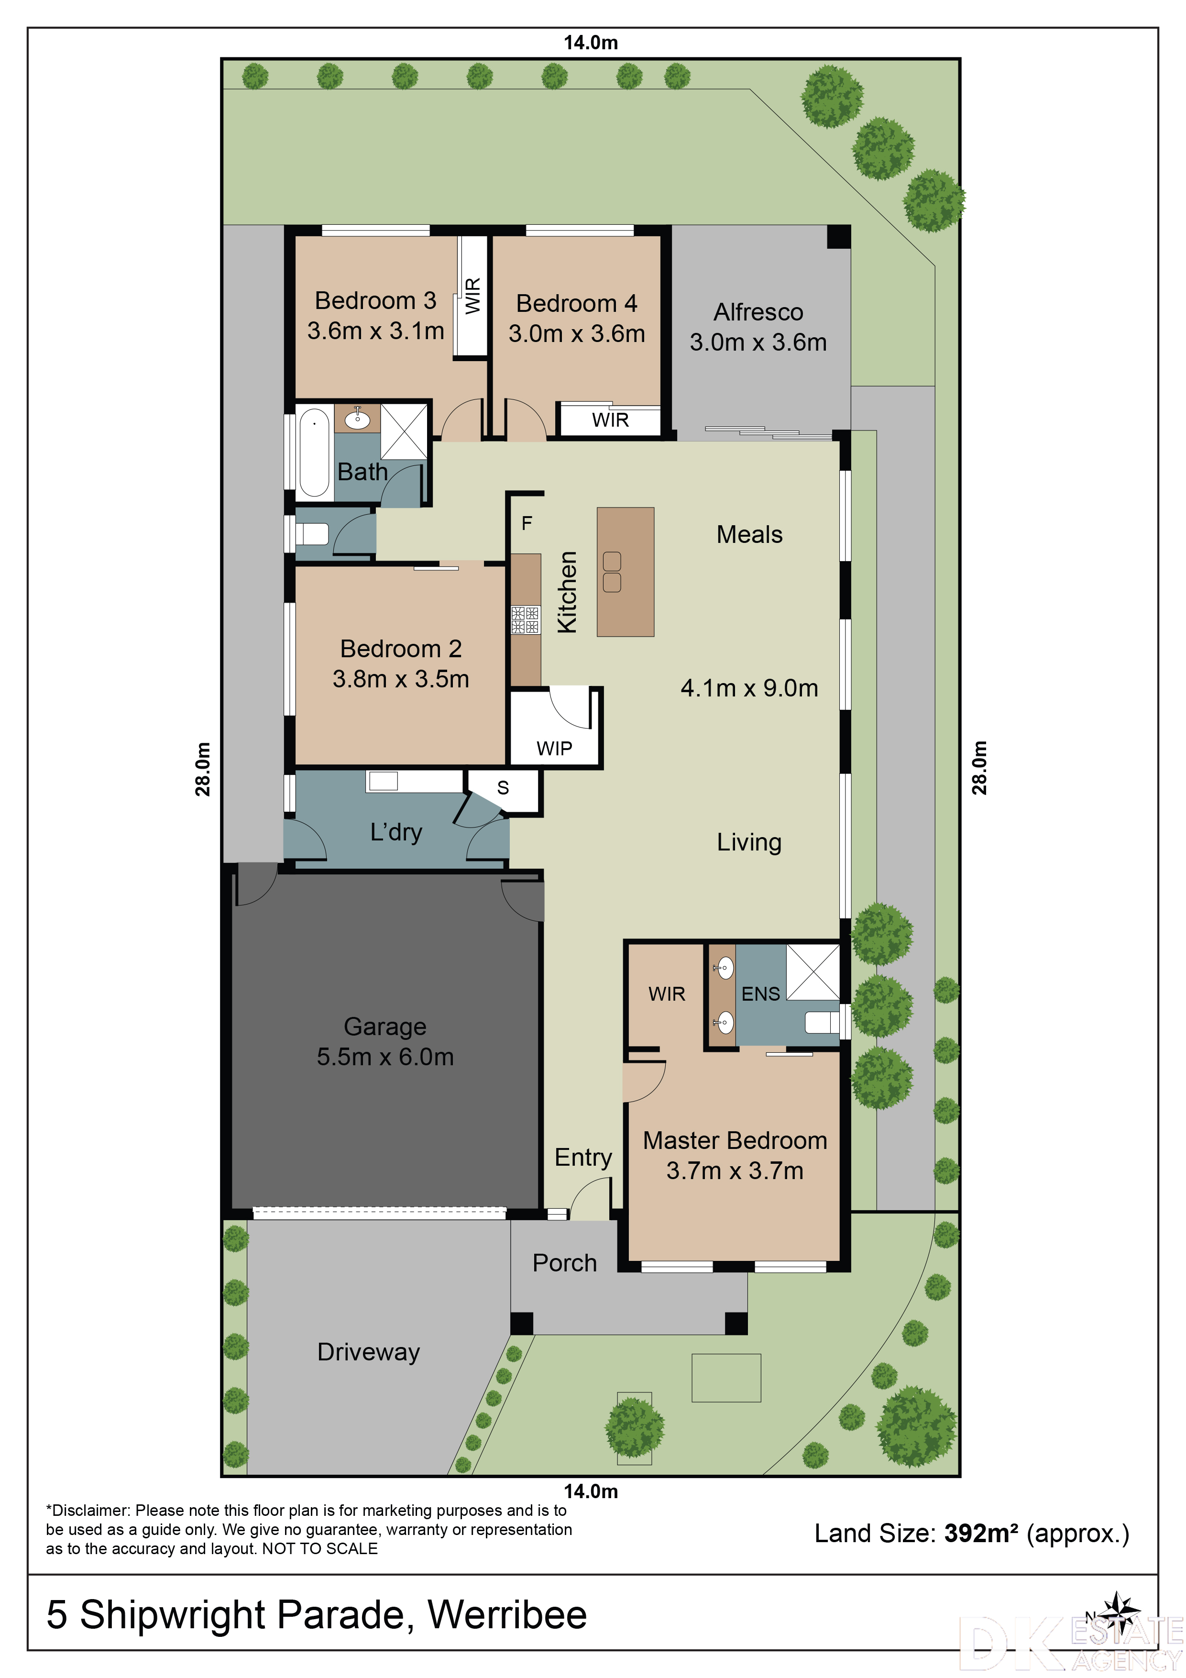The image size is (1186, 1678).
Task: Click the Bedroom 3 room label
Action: pos(375,300)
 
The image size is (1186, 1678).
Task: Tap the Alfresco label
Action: pos(758,312)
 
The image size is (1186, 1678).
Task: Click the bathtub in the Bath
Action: pos(314,453)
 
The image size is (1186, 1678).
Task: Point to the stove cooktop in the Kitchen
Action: pos(525,620)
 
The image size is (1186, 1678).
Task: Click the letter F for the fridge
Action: pos(527,523)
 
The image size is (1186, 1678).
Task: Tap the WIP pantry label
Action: pos(554,749)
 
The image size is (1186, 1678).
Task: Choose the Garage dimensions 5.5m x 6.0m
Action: pos(385,1057)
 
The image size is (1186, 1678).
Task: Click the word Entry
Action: pos(583,1158)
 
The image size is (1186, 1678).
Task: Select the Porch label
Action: pos(564,1263)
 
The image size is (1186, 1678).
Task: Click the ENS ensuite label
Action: pos(761,994)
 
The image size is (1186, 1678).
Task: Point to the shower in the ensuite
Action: pos(813,972)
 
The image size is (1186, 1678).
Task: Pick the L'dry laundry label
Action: pos(396,832)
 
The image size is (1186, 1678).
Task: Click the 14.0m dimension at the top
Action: pos(591,43)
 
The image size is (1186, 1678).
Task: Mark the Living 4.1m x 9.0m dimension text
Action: pos(749,688)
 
